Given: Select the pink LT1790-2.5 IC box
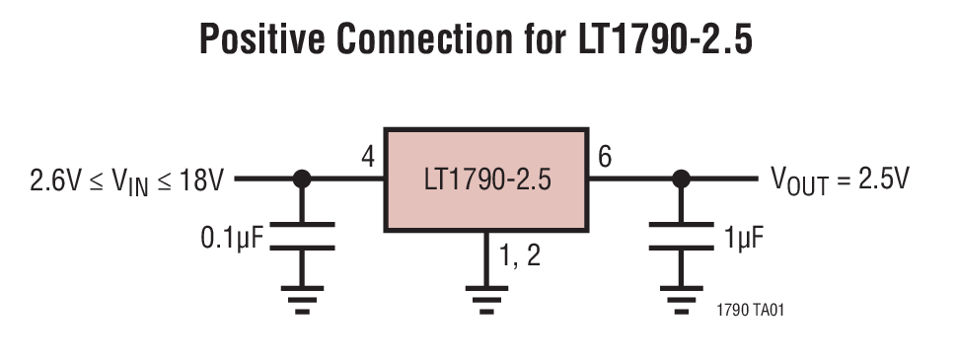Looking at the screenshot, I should click(x=485, y=180).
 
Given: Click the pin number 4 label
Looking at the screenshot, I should click(x=368, y=158).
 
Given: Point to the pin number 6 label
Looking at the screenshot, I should click(x=604, y=158).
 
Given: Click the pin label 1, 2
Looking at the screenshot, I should click(x=519, y=257).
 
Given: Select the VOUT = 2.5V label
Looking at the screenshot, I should click(x=841, y=180).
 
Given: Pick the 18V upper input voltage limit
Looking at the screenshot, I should click(x=202, y=180).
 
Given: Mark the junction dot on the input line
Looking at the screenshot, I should click(x=302, y=180).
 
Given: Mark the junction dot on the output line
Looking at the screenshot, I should click(x=680, y=180).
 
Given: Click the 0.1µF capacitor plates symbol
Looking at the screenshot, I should click(x=302, y=237).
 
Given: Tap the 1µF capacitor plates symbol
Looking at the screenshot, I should click(x=680, y=237).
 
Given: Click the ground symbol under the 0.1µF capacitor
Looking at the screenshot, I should click(x=302, y=298).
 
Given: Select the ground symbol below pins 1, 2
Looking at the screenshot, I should click(x=485, y=298).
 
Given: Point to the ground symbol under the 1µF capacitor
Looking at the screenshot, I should click(x=680, y=298).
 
